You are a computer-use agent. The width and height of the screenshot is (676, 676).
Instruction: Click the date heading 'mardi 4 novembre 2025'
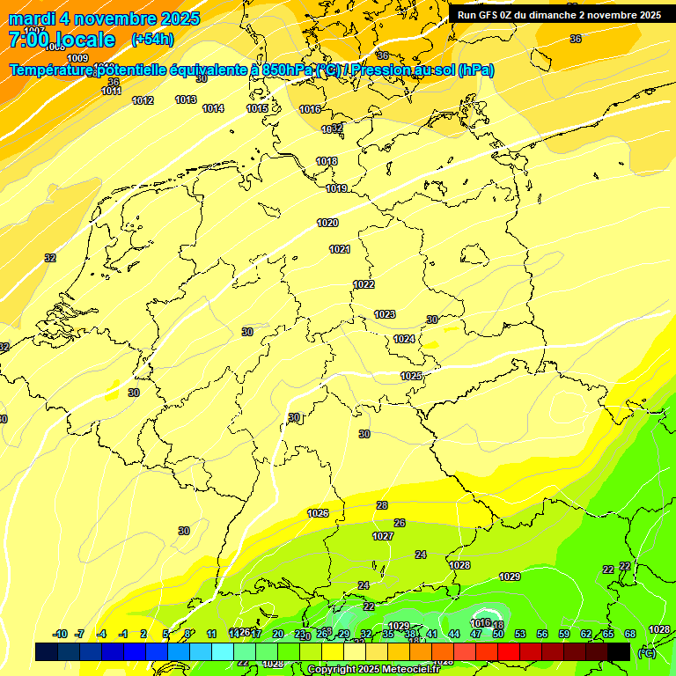(x=104, y=18)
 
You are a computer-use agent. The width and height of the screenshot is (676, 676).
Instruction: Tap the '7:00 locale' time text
(x=62, y=40)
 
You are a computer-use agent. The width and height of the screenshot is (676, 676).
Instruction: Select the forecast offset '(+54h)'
(x=152, y=40)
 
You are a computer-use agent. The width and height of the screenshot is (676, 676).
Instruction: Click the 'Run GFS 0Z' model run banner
(x=559, y=15)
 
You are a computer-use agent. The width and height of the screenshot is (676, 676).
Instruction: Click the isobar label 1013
(x=186, y=99)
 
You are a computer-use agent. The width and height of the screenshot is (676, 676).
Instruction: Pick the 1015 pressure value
(x=257, y=108)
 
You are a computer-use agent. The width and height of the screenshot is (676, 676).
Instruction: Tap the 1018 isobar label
(x=327, y=161)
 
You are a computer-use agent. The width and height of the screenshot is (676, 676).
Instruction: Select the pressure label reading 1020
(x=327, y=223)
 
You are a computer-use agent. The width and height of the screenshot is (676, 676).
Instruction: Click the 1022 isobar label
(x=364, y=284)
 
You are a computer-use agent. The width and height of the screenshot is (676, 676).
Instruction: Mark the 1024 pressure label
(x=404, y=339)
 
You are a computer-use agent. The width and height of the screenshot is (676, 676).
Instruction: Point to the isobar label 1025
(x=411, y=376)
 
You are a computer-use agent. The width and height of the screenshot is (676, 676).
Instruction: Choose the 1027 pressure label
(x=383, y=536)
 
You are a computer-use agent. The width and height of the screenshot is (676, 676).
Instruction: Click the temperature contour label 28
(x=382, y=505)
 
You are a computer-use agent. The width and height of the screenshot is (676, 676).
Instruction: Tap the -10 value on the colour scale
(x=60, y=634)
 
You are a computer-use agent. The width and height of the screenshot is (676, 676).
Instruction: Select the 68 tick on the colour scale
(x=630, y=634)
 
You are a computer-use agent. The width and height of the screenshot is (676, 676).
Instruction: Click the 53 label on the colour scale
(x=520, y=634)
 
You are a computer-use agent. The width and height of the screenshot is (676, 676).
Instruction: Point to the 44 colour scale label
(x=454, y=634)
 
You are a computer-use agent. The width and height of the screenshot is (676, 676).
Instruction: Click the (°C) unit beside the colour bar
(x=647, y=652)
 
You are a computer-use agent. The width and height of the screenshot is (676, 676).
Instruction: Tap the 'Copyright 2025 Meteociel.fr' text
(x=374, y=670)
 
